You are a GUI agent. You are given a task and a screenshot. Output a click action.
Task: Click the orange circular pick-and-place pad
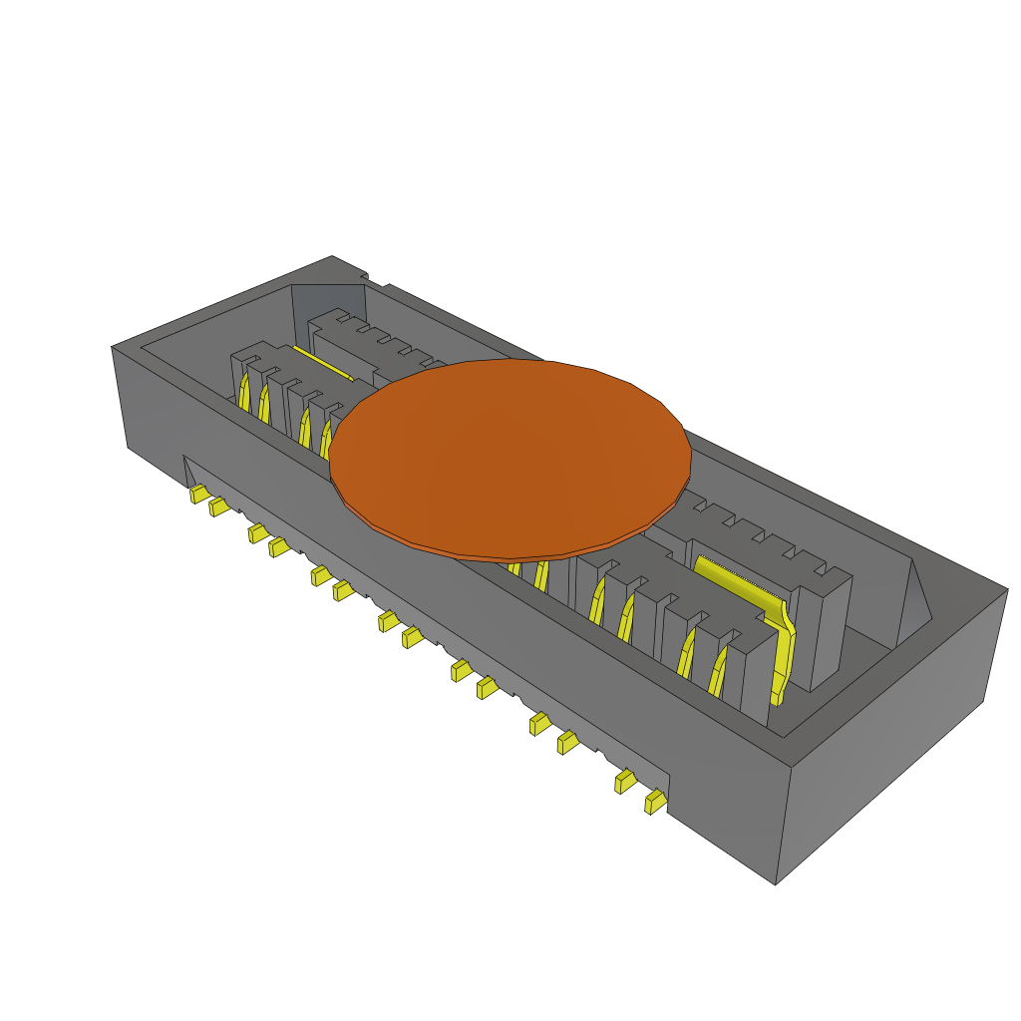(510, 459)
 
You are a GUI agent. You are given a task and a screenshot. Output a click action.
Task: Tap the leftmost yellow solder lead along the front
(198, 494)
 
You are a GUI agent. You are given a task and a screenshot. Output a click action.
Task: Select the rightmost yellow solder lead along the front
(655, 802)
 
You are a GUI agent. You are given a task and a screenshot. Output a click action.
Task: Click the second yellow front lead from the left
(218, 508)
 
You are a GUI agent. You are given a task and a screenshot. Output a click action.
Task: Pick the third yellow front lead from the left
(258, 533)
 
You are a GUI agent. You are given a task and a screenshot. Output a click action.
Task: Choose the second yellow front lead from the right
(625, 782)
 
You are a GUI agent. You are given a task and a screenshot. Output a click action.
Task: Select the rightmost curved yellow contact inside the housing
(717, 670)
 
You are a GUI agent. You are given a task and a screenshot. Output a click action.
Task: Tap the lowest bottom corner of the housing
(776, 883)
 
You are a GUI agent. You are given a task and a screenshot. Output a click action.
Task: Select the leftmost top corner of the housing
(112, 347)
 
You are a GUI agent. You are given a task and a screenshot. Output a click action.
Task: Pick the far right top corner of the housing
(1007, 589)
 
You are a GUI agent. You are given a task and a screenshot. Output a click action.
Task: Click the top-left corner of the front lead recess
(184, 457)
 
